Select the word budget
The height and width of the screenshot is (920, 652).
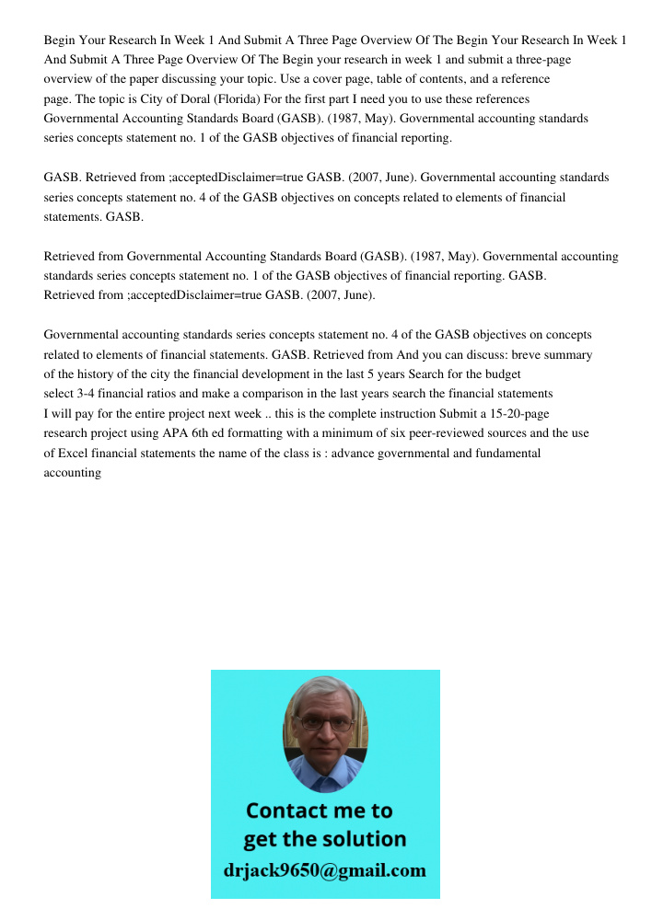point(498,374)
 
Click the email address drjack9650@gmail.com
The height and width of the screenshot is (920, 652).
point(325,870)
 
